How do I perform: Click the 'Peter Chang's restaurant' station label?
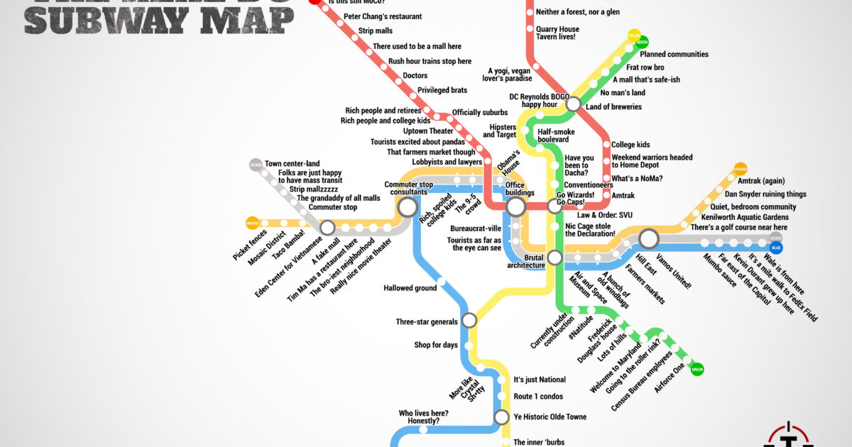(382, 16)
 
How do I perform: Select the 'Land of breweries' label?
(613, 107)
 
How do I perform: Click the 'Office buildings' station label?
(520, 189)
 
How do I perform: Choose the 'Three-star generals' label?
(427, 322)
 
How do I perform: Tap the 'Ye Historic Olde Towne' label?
(550, 416)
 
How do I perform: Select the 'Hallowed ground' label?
(410, 288)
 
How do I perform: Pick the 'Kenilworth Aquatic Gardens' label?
(744, 216)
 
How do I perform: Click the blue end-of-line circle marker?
(776, 248)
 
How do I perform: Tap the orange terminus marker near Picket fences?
(252, 223)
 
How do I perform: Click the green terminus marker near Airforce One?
(697, 369)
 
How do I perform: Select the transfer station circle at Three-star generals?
(469, 321)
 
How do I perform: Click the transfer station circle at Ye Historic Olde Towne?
(501, 416)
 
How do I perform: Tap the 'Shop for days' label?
(436, 346)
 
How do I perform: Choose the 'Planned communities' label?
(674, 54)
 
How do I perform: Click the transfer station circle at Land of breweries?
(574, 104)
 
